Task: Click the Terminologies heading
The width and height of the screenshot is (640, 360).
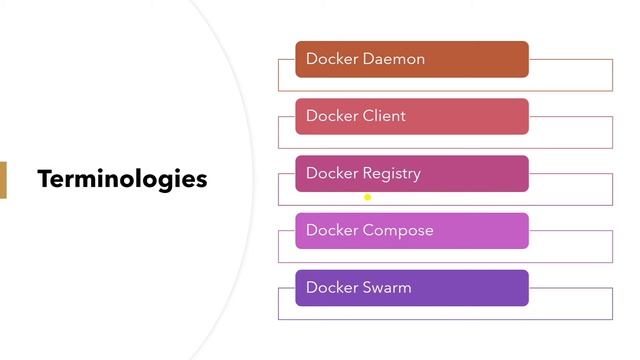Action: click(x=122, y=179)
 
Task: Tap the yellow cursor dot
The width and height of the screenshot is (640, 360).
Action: click(x=368, y=197)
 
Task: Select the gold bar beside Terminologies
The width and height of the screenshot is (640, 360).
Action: click(x=3, y=180)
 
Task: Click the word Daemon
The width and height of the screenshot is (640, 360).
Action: click(x=394, y=59)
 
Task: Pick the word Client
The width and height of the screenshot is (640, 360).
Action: click(x=384, y=116)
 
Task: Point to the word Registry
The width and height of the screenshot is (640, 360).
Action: click(x=392, y=174)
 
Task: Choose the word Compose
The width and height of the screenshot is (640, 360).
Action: click(x=398, y=231)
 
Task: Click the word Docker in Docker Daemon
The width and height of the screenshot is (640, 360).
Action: click(x=331, y=59)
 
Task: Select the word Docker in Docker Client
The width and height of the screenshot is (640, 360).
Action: click(x=331, y=116)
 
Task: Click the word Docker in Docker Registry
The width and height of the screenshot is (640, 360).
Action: click(x=331, y=173)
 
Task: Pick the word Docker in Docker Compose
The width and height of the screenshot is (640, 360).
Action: click(x=331, y=230)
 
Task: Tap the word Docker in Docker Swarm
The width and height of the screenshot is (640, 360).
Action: click(x=331, y=288)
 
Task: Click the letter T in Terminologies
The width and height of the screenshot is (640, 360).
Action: click(x=44, y=179)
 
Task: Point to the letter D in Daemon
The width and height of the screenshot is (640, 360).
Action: click(x=369, y=59)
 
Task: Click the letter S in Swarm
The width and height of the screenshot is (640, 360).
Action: click(x=367, y=288)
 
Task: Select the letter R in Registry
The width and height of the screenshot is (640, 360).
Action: click(x=368, y=173)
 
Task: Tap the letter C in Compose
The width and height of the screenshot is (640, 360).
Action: click(x=369, y=230)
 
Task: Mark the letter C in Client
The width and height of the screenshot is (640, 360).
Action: click(x=369, y=116)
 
